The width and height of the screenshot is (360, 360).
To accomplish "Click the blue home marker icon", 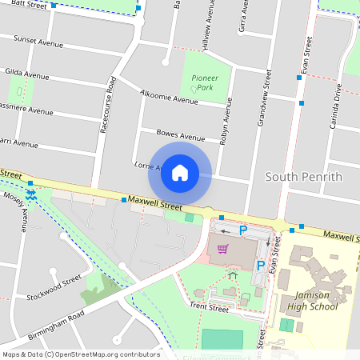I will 180,173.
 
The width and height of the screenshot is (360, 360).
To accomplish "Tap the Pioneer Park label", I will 205,82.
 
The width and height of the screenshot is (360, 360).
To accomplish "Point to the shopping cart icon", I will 223,249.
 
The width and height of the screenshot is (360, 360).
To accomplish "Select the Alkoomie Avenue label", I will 168,98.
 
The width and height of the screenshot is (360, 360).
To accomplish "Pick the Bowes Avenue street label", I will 181,137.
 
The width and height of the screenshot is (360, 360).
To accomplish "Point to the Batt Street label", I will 29,4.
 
